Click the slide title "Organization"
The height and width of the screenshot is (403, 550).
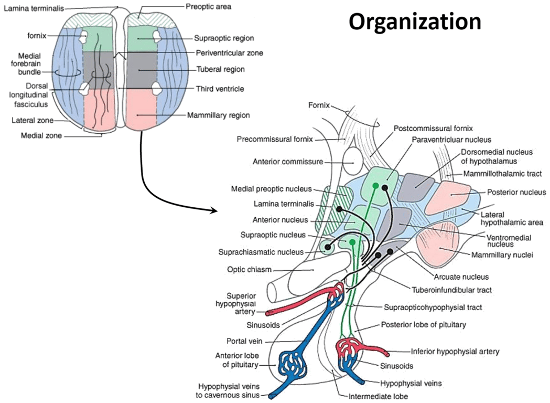415,22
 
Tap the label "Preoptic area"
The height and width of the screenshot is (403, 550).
208,7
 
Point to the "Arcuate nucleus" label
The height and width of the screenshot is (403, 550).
461,277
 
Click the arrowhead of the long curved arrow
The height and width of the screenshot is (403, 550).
214,211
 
